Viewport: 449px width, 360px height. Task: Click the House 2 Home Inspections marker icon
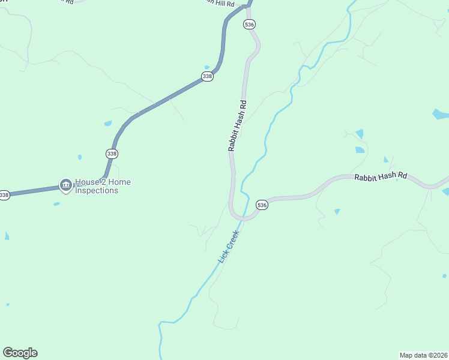(x=65, y=186)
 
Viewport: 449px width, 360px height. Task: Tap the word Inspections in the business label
(x=97, y=191)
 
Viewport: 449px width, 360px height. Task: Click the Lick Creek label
(x=229, y=246)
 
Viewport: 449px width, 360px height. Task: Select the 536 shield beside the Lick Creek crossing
(x=262, y=205)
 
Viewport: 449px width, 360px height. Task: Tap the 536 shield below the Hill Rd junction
(x=250, y=24)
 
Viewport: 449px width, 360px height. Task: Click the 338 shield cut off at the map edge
(x=4, y=195)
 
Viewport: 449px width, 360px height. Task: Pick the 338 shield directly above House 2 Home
(x=112, y=154)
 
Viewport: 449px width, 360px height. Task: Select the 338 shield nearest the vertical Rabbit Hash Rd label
(x=207, y=76)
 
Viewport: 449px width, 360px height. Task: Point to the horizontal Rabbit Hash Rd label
(x=381, y=177)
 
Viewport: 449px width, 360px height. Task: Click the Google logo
(x=20, y=353)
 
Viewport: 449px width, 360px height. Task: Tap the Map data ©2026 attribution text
(x=423, y=355)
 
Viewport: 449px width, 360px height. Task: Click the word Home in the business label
(x=119, y=182)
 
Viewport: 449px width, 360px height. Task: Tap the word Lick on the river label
(x=222, y=256)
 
